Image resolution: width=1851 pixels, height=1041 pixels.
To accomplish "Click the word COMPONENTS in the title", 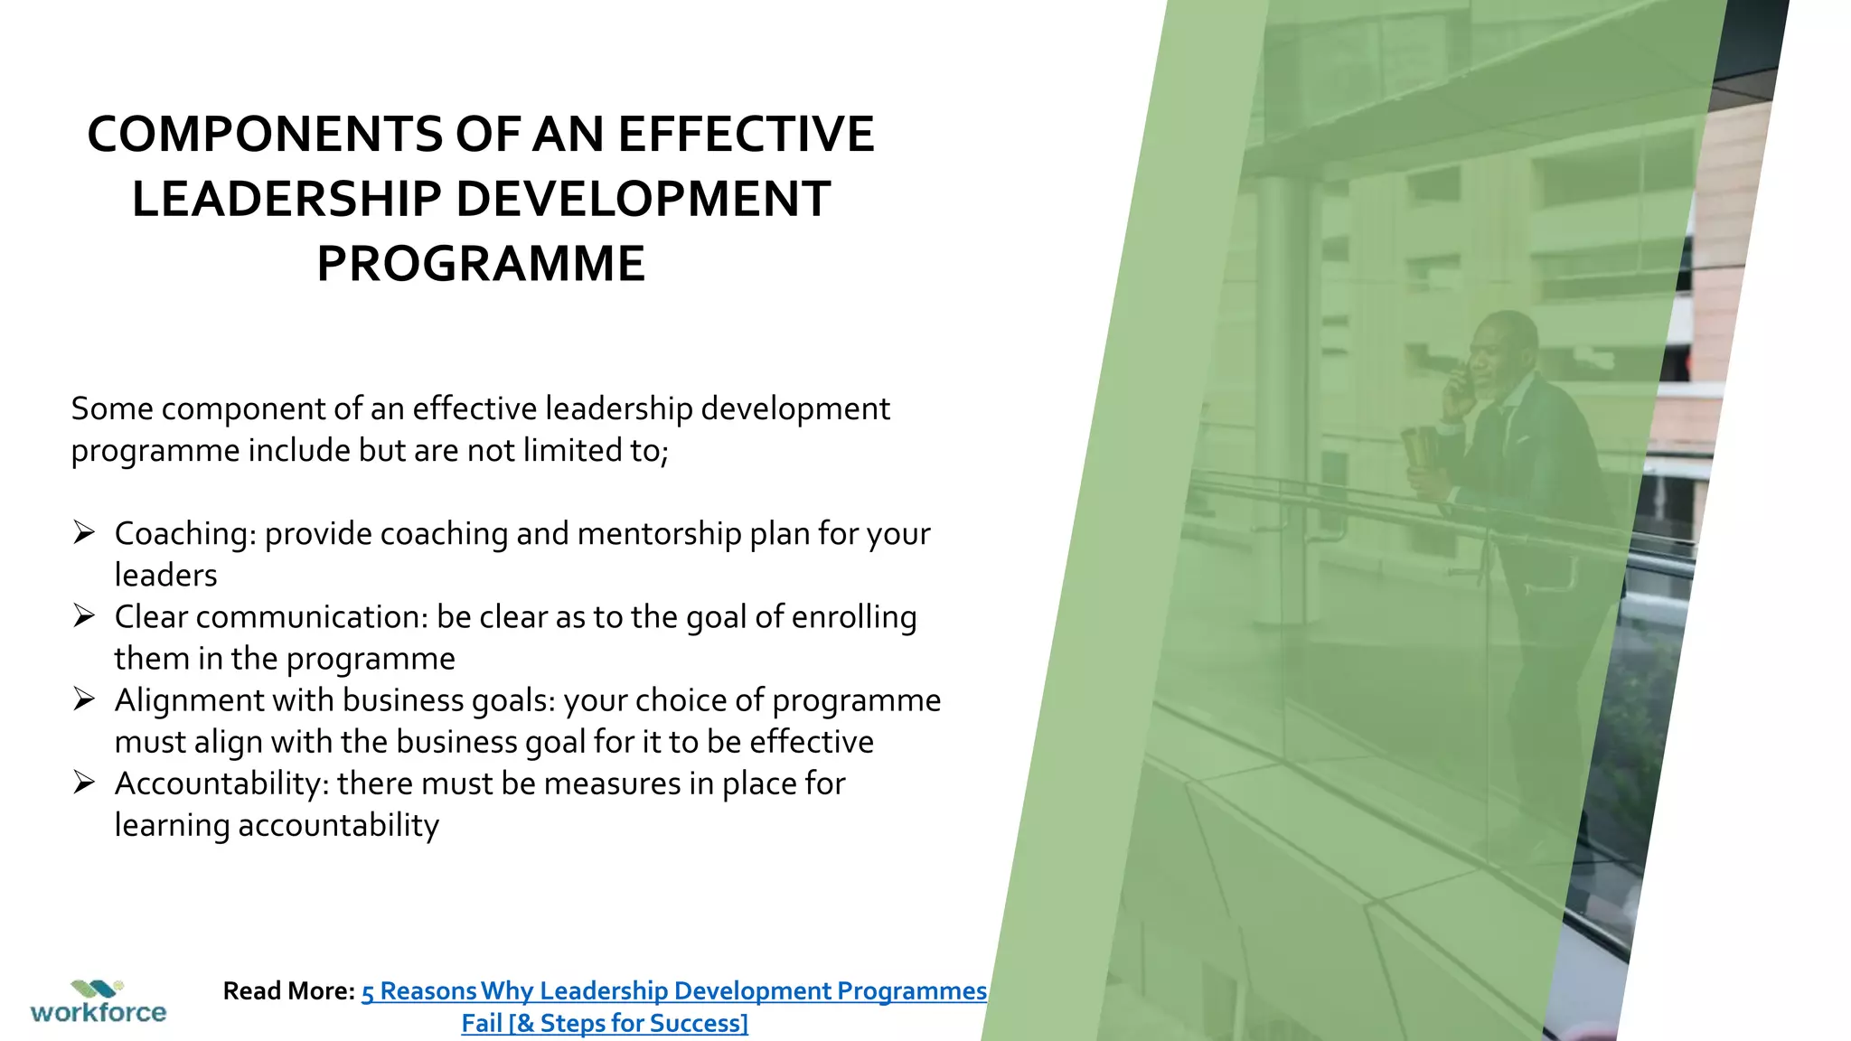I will click(265, 135).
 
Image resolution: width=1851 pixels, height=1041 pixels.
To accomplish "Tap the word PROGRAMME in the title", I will click(481, 264).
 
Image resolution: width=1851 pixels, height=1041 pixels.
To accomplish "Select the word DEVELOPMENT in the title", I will click(643, 200).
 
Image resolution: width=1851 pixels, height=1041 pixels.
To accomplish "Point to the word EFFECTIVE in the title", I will click(746, 135).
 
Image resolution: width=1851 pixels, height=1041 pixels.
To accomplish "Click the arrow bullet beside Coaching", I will click(84, 532).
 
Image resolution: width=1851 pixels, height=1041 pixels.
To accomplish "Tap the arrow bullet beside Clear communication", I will click(84, 615).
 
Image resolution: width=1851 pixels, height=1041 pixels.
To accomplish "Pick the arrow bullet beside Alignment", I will click(84, 699).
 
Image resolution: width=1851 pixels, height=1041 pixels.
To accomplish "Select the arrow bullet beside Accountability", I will click(84, 782).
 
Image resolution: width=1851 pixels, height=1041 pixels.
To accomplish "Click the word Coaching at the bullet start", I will click(185, 534).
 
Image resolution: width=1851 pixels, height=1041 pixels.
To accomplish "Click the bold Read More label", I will click(288, 991).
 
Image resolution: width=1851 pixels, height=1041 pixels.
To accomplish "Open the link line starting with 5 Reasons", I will click(673, 991).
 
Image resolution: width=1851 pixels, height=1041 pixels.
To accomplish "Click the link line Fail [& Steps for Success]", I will click(605, 1024).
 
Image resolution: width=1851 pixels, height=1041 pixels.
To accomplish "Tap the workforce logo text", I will click(99, 1012).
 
